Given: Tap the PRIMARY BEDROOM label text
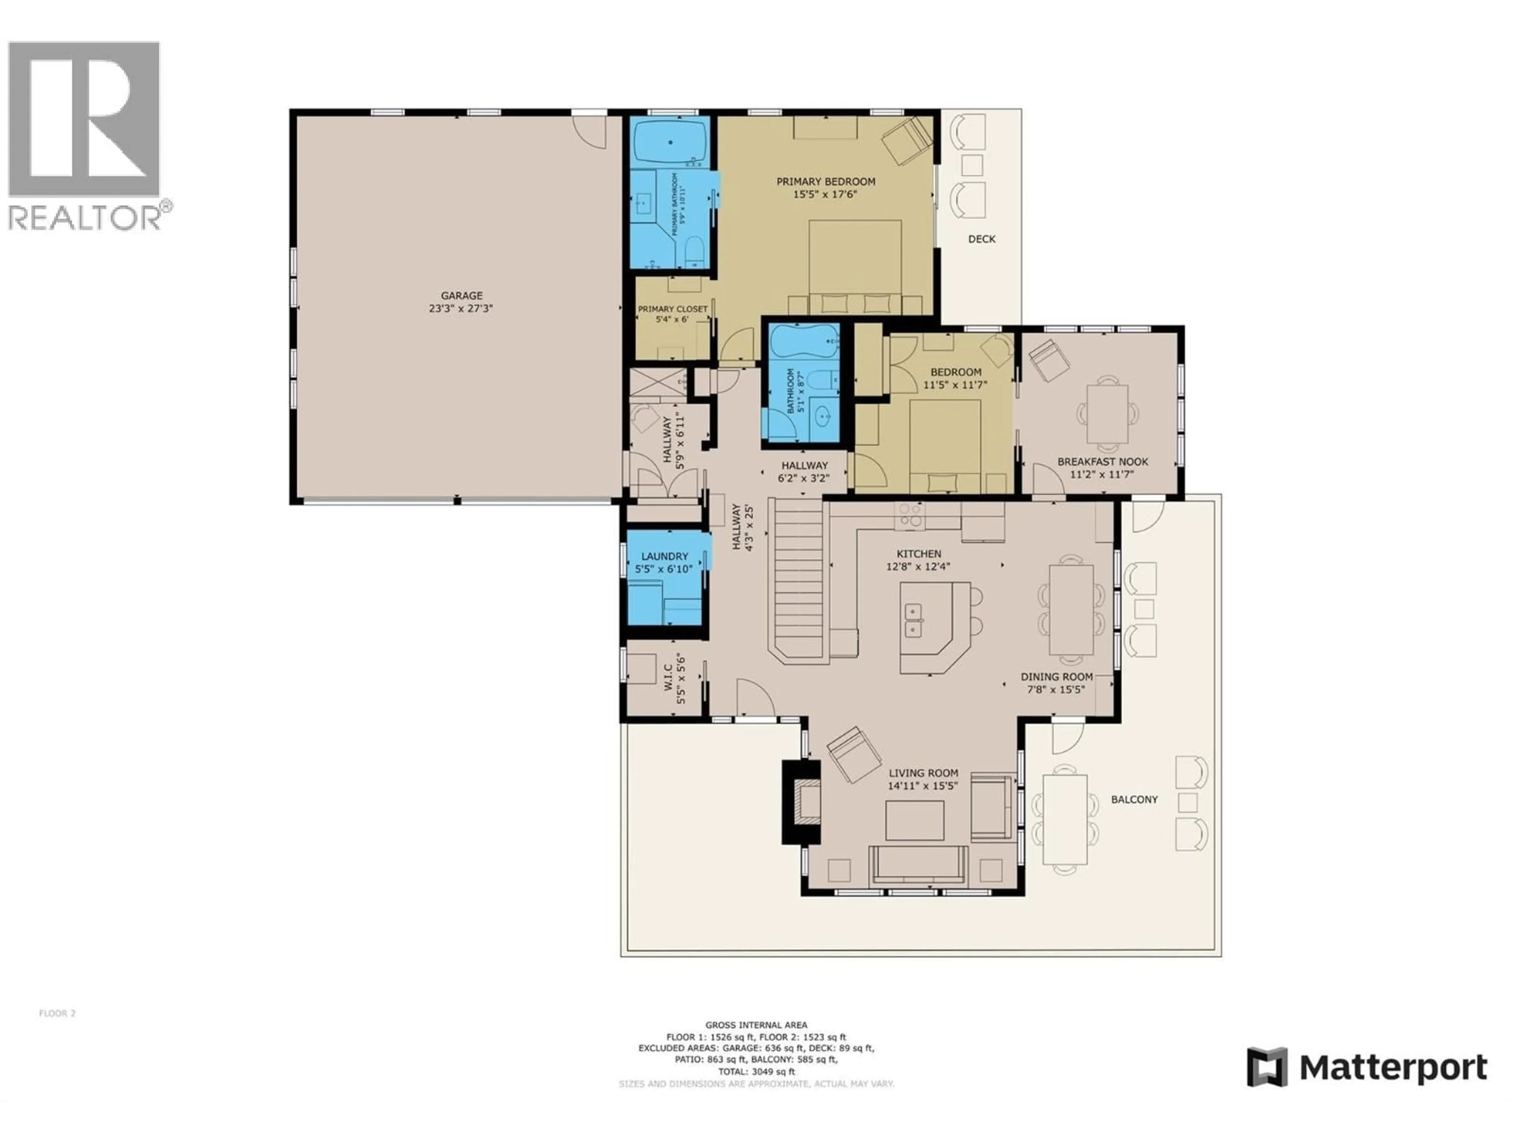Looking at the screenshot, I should tap(825, 181).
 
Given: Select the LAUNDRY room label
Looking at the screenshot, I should tap(664, 556).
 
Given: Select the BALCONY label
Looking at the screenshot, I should tap(1134, 799).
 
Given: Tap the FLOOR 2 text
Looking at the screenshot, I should tap(58, 1013).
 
